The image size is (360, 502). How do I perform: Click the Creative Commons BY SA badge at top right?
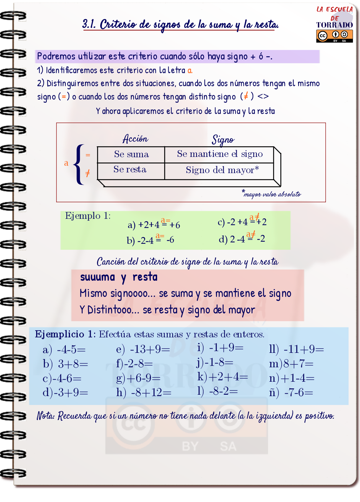(334, 36)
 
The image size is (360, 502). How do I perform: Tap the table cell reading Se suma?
(131, 154)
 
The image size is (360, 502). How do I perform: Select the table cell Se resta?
(130, 170)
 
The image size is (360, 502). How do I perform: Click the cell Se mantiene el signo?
(220, 154)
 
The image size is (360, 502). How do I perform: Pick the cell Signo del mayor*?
(222, 170)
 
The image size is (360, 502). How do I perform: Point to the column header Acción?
(135, 139)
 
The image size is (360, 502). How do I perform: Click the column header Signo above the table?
(223, 140)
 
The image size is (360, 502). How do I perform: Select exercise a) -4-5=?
(64, 350)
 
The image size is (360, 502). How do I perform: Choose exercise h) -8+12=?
(144, 392)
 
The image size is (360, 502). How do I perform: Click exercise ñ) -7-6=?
(291, 392)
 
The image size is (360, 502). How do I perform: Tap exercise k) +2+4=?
(223, 377)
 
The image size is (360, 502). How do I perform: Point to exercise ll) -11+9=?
(296, 349)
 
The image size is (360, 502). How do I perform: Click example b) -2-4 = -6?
(150, 240)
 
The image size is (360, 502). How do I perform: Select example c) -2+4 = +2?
(242, 222)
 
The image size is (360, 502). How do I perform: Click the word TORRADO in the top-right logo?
(334, 25)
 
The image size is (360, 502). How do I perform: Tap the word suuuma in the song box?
(97, 277)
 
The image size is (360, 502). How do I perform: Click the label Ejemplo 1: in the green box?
(88, 216)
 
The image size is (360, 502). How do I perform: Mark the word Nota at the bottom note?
(45, 416)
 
